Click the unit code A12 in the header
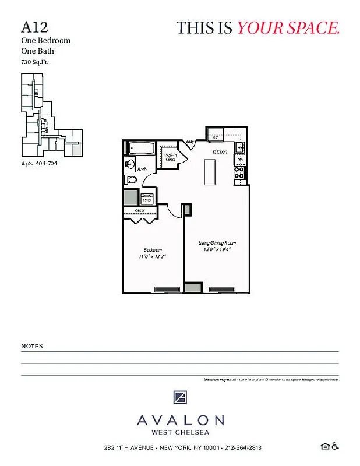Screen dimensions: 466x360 34,27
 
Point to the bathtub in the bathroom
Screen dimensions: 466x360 140,148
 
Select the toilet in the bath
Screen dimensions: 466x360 131,179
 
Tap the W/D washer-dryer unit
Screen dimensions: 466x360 147,199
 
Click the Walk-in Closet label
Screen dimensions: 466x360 171,156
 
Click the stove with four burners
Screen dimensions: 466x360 239,173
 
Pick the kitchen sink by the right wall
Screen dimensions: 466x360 241,148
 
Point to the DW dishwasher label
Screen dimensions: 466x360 239,160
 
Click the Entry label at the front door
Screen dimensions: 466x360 190,142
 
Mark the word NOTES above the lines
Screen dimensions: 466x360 32,346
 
